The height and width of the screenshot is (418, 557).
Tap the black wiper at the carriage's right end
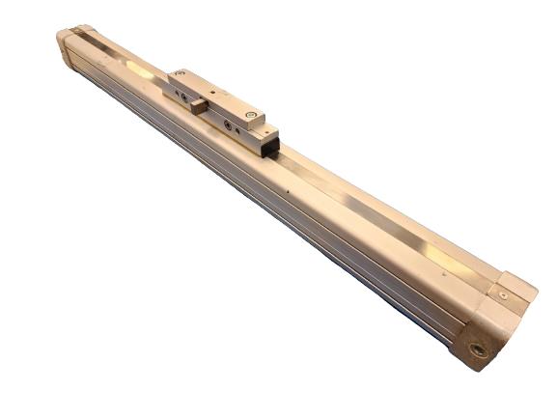coord(273,145)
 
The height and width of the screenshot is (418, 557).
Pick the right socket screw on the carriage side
coord(228,125)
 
